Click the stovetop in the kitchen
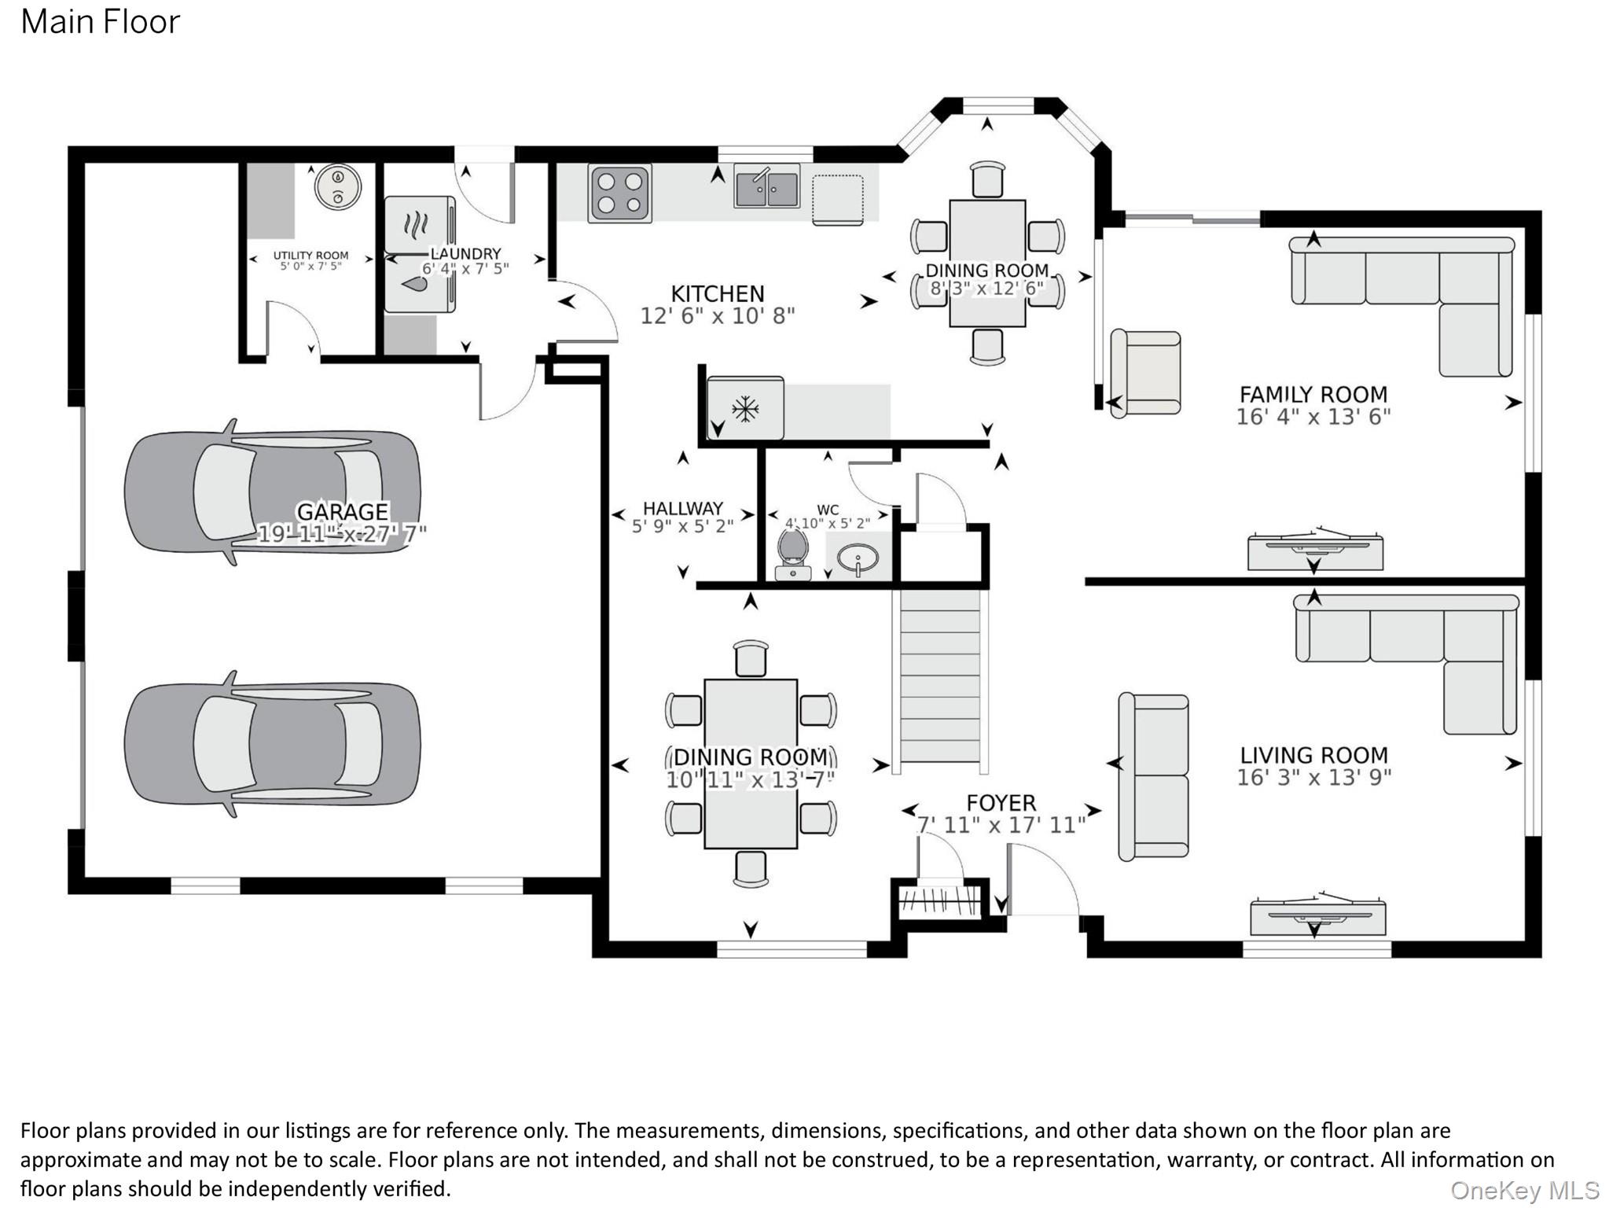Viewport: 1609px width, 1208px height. pos(620,193)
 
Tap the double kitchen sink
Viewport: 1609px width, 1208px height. pos(766,186)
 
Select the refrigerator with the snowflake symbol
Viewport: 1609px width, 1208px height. pos(745,408)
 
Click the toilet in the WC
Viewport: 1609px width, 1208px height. pos(793,554)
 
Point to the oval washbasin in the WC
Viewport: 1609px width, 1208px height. pos(857,558)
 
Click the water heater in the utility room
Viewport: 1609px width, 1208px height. pos(338,187)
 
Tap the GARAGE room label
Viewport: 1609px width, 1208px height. pos(343,511)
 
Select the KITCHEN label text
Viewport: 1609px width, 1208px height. pos(717,293)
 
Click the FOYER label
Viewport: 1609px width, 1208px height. pos(1001,803)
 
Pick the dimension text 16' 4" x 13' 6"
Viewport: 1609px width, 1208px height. pos(1313,417)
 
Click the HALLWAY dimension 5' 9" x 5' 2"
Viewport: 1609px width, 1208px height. pos(682,526)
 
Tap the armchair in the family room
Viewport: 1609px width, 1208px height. pos(1145,373)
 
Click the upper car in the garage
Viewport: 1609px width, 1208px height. pos(272,492)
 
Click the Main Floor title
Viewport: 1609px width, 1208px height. pos(101,22)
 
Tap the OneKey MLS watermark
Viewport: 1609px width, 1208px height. pos(1525,1191)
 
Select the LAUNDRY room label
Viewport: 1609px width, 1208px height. pos(465,254)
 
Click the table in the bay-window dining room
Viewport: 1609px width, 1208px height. pos(987,263)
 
